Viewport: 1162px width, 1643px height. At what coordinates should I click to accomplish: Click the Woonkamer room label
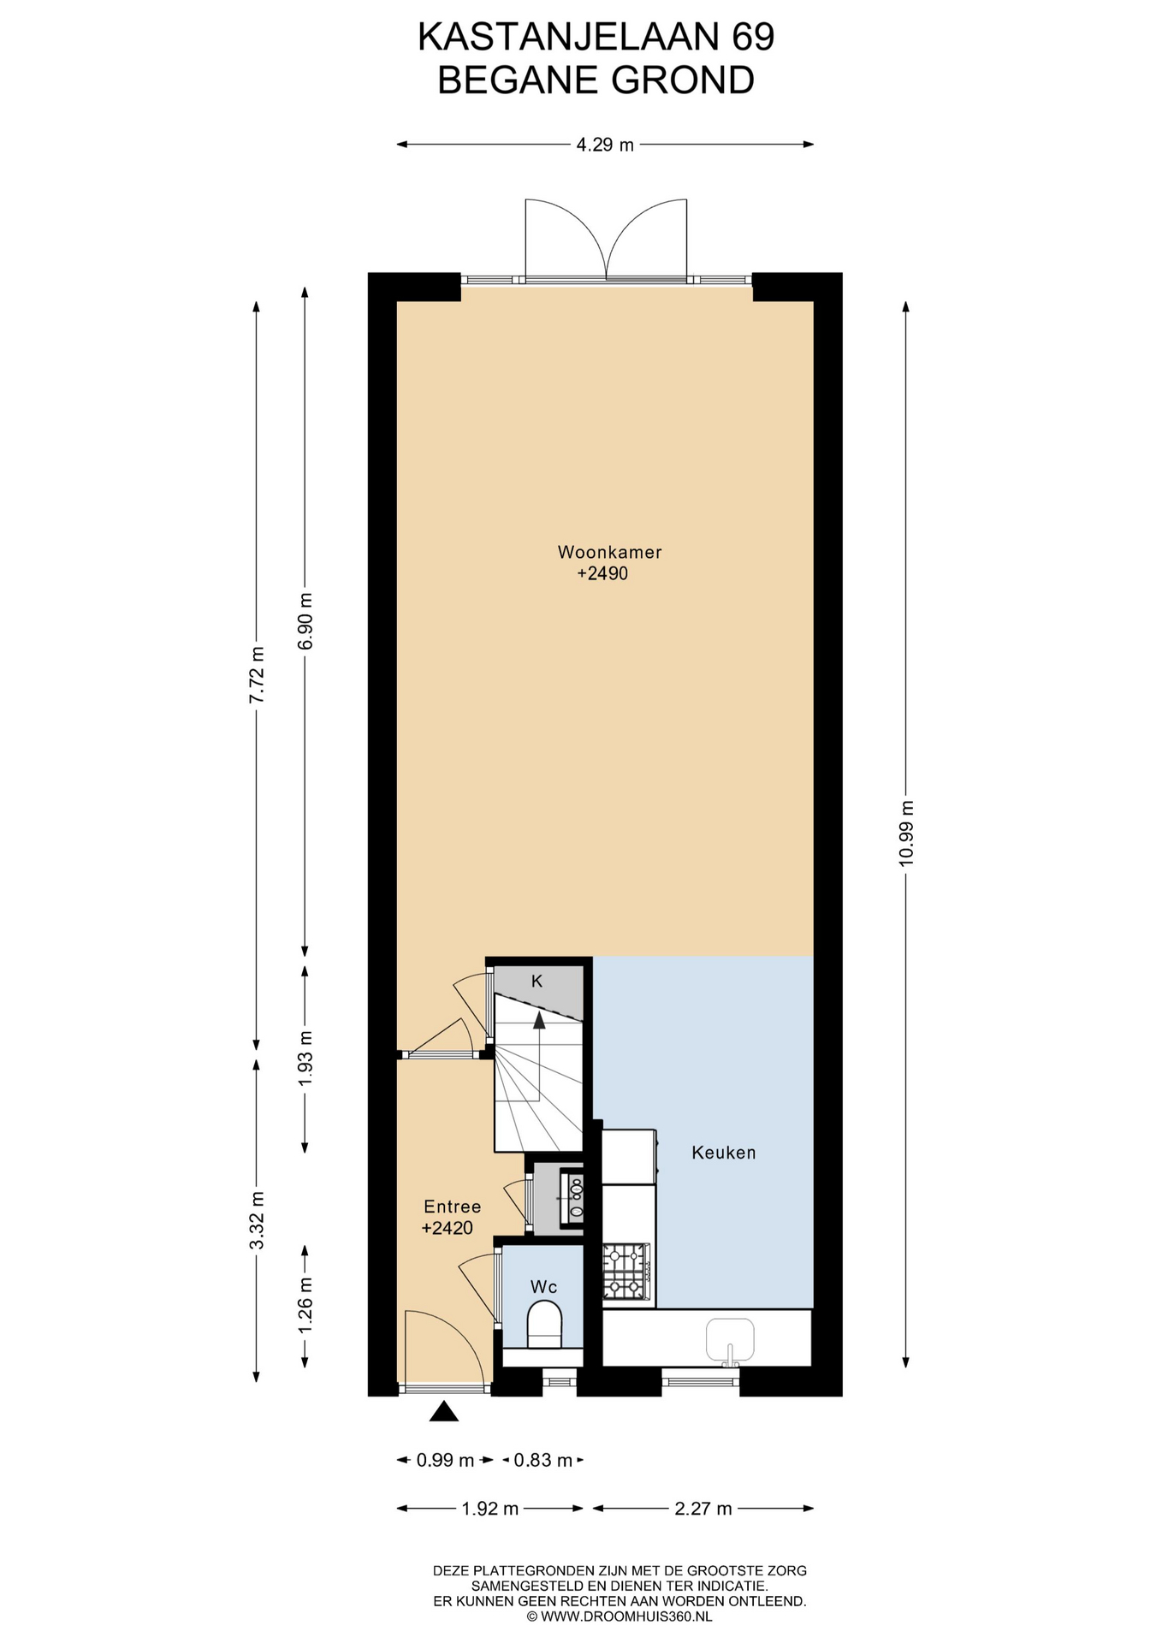tap(609, 552)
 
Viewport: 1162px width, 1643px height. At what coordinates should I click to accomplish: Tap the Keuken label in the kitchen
tap(724, 1153)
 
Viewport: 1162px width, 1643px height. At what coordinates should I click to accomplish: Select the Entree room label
tap(453, 1207)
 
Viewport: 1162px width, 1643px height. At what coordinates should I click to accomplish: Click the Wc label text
tap(544, 1287)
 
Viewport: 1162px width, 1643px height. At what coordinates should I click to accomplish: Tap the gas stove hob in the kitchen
tap(626, 1272)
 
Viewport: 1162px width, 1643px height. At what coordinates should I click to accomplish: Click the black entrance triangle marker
tap(443, 1411)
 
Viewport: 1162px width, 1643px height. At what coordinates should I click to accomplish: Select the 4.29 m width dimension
tap(605, 145)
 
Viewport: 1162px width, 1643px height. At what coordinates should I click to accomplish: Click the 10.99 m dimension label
tap(907, 833)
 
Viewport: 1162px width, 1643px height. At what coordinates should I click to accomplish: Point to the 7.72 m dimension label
tap(257, 674)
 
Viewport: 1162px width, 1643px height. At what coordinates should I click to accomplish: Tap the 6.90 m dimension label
tap(305, 620)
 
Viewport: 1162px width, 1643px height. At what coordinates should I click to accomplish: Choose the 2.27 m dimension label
tap(703, 1509)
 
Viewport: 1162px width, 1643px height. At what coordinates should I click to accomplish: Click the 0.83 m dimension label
tap(543, 1461)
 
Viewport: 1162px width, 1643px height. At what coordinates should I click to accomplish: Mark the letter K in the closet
tap(537, 982)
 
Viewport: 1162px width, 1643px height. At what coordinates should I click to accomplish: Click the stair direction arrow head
tap(539, 1019)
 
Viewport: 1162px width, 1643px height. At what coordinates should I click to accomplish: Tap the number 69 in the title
tap(752, 38)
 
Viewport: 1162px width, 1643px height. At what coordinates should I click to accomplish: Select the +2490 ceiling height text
tap(602, 573)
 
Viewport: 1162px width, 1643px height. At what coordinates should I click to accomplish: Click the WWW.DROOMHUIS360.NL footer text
tap(625, 1616)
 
